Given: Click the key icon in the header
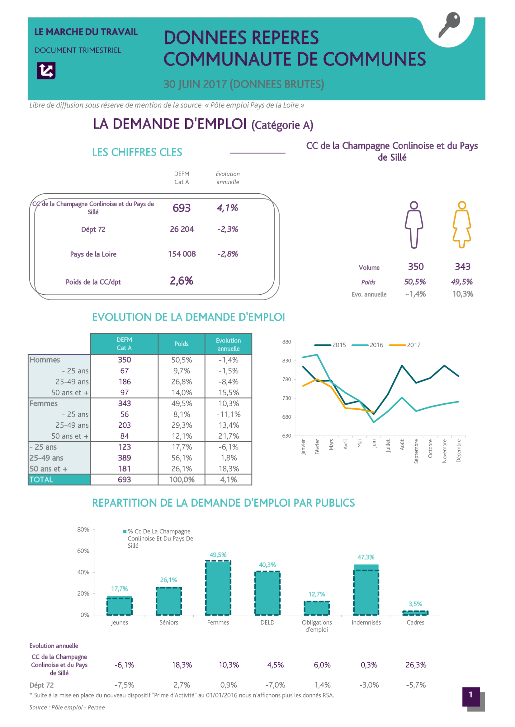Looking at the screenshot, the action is click(x=449, y=25).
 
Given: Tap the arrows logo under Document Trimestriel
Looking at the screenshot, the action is click(x=46, y=70).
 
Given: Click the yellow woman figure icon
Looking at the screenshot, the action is click(x=462, y=224).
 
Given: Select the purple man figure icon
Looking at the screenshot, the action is click(x=414, y=224).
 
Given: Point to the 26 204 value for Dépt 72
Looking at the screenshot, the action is click(x=182, y=229).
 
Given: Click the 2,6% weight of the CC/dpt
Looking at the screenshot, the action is click(x=182, y=281).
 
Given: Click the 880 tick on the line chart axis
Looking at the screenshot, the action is click(x=287, y=342).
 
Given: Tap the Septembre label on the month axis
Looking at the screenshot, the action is click(x=416, y=451).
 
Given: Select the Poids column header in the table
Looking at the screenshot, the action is click(x=182, y=343).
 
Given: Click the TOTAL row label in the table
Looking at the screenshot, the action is click(x=41, y=479).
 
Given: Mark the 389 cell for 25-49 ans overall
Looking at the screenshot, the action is click(x=124, y=458).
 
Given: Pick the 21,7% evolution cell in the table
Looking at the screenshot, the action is click(x=228, y=436).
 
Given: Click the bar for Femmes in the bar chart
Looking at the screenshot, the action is click(x=218, y=588).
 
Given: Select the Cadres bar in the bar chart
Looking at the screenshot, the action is click(x=415, y=613).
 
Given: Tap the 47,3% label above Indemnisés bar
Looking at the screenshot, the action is click(x=366, y=557).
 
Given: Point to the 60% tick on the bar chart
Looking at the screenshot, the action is click(x=83, y=551).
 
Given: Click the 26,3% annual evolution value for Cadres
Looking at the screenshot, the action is click(x=416, y=665).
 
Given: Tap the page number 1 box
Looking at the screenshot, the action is click(x=470, y=697).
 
